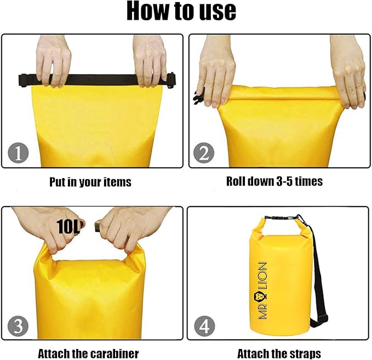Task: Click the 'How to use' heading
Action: point(181,11)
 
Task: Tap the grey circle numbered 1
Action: point(18,152)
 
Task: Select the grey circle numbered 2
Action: point(204,153)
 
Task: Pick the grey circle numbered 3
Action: point(18,326)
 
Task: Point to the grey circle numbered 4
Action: point(204,326)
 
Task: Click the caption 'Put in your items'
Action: point(90,182)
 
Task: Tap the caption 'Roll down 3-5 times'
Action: point(274,181)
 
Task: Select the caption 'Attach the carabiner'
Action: point(88,353)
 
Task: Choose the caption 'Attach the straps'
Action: point(279,353)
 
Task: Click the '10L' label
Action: point(68,227)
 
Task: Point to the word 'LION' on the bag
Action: point(262,276)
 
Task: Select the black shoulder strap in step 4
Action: point(318,273)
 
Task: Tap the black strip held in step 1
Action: point(97,80)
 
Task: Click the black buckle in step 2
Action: point(198,98)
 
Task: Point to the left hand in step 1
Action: point(54,60)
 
